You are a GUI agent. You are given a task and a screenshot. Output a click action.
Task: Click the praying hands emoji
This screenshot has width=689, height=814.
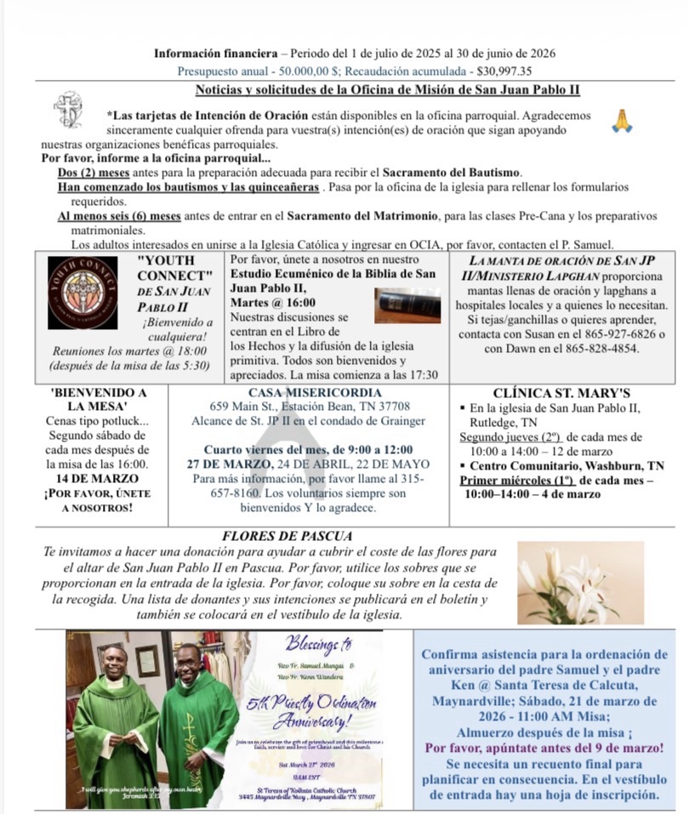623,122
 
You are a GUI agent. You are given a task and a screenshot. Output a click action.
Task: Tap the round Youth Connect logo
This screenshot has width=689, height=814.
83,293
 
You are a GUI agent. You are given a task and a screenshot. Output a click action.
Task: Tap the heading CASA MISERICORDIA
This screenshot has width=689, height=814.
310,393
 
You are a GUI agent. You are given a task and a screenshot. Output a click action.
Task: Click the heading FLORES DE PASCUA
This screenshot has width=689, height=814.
287,536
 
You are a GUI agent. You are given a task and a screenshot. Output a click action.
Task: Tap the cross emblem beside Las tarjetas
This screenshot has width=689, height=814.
68,110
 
